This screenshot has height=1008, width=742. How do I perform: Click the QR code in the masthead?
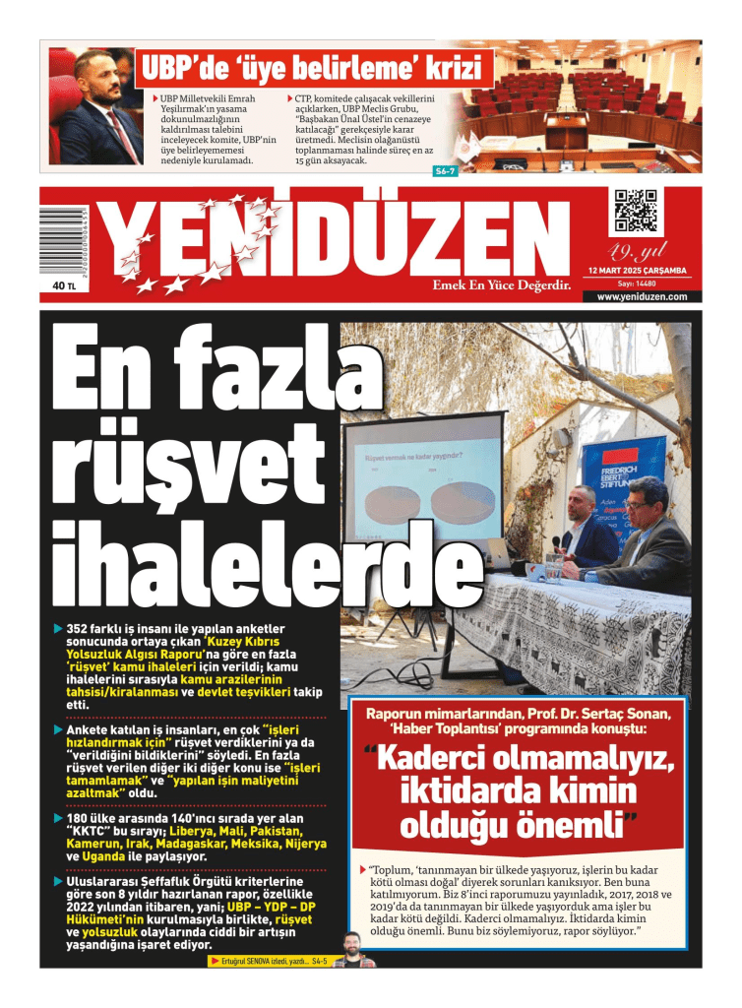click(636, 211)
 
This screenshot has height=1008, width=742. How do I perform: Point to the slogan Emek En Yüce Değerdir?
click(503, 285)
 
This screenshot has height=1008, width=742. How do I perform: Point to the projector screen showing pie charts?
click(423, 487)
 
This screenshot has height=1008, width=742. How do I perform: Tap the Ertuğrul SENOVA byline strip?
click(266, 961)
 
